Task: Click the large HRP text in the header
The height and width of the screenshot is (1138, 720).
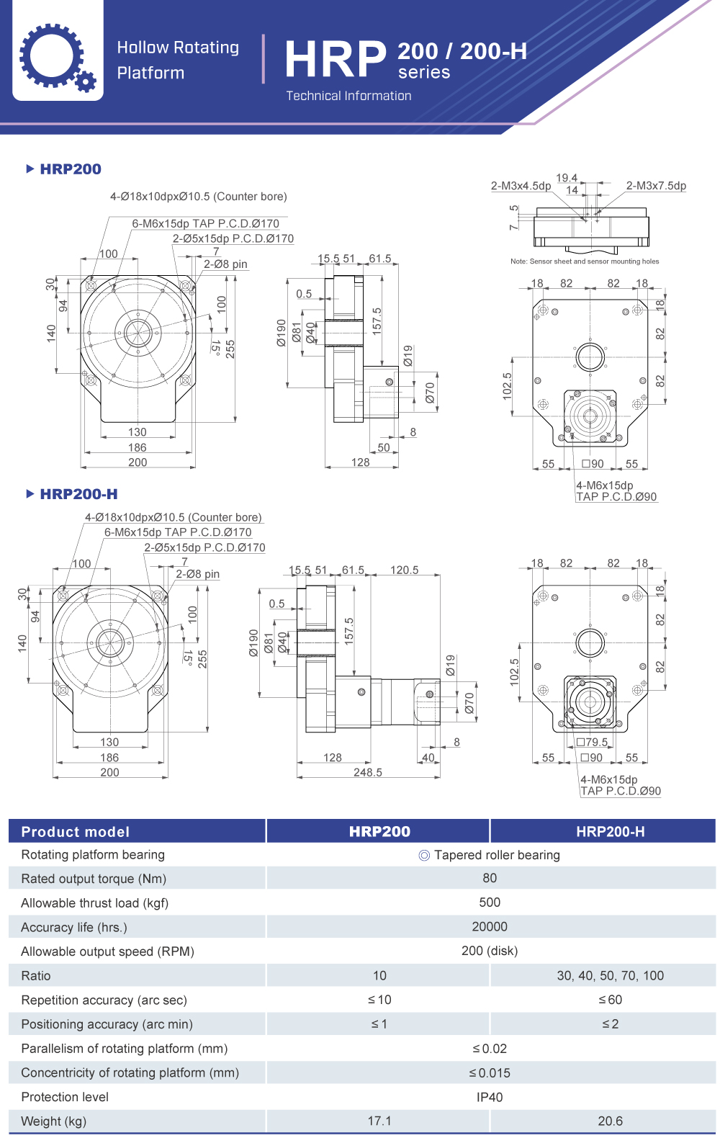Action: (336, 59)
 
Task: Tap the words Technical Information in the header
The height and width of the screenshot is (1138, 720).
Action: (348, 96)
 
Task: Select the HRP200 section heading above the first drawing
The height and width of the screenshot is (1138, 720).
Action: (70, 169)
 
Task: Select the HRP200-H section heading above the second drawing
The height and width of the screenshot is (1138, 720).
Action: (78, 494)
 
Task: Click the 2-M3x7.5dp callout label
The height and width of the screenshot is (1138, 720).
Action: (656, 186)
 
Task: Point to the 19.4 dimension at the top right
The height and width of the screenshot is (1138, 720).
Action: (567, 178)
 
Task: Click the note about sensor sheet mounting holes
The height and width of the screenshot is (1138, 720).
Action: (585, 261)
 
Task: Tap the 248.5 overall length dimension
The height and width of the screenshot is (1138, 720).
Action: (368, 772)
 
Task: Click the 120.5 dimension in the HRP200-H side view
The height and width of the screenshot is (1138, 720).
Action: (404, 570)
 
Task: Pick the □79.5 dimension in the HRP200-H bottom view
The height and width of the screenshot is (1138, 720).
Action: (593, 742)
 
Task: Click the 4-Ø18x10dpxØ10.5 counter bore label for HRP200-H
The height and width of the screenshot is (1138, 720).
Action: (174, 517)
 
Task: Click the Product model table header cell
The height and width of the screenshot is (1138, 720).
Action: (76, 832)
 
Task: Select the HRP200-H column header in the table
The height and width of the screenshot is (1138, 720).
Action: (610, 832)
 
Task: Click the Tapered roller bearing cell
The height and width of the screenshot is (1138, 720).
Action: (490, 855)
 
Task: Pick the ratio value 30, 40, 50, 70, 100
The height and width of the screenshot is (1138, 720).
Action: (610, 975)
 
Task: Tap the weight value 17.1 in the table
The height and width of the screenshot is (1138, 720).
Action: (379, 1121)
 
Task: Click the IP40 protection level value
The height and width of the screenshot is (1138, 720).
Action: (490, 1097)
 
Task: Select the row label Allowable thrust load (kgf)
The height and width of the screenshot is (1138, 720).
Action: (94, 902)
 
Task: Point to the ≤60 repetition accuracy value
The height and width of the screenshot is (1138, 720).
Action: (610, 1000)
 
